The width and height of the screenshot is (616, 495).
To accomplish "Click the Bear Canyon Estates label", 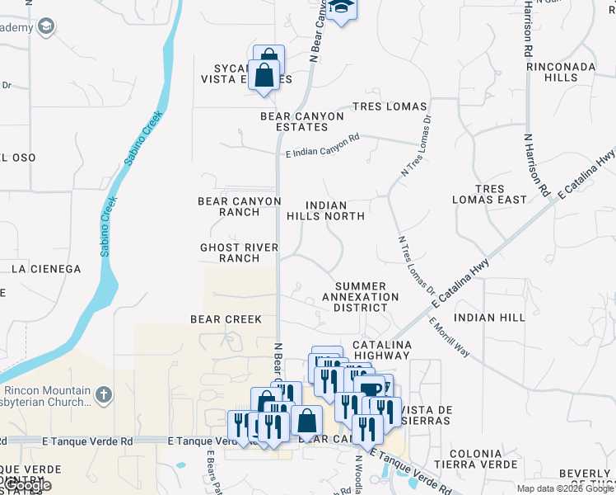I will [301, 121].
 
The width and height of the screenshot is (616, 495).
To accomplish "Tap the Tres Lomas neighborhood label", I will [390, 106].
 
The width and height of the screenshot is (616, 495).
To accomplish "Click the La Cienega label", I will [46, 269].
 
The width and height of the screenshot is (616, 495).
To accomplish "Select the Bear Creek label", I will [226, 318].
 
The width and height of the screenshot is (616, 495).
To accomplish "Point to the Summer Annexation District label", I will [360, 296].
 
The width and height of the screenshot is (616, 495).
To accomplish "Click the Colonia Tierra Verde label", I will [475, 460].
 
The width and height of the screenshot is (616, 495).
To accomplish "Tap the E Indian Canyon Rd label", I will [323, 146].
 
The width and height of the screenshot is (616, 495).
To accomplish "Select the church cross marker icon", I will [103, 394].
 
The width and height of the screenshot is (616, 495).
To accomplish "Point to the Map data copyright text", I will [564, 488].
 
